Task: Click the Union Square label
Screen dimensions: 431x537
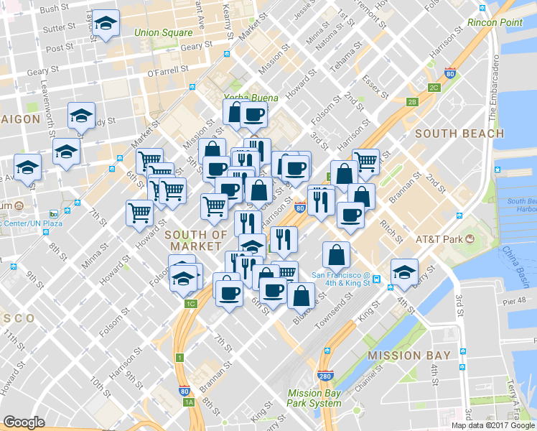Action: [164, 32]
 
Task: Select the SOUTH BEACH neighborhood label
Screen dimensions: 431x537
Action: [459, 134]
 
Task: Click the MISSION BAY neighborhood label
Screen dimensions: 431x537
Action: [409, 355]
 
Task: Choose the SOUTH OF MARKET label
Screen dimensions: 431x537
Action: [196, 241]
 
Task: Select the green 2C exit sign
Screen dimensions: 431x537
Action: [434, 88]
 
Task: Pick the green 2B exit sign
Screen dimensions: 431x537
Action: [412, 101]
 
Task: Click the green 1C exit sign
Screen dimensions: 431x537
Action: [190, 304]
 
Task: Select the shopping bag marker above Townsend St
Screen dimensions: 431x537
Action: [337, 254]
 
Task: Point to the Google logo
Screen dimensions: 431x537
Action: [24, 422]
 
